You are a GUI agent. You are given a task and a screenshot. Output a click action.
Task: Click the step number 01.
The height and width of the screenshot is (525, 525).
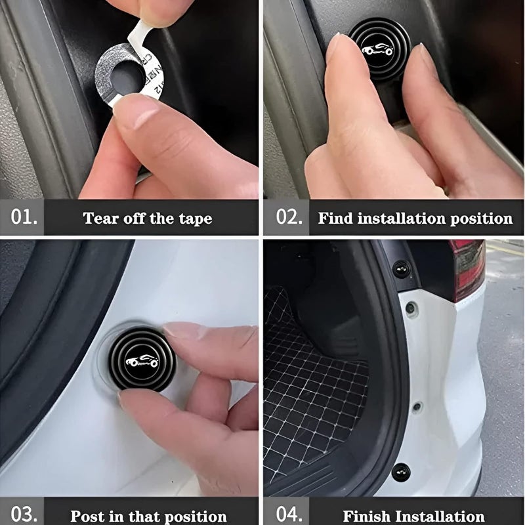(x=24, y=217)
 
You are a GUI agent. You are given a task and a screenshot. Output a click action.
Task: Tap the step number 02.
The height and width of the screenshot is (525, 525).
(x=289, y=217)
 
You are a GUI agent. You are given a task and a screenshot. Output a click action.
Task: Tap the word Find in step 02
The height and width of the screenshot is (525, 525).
(x=335, y=219)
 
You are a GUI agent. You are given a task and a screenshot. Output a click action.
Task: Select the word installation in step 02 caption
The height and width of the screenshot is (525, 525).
(x=408, y=219)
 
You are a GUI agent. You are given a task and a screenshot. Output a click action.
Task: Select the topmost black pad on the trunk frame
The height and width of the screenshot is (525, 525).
(x=400, y=268)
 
